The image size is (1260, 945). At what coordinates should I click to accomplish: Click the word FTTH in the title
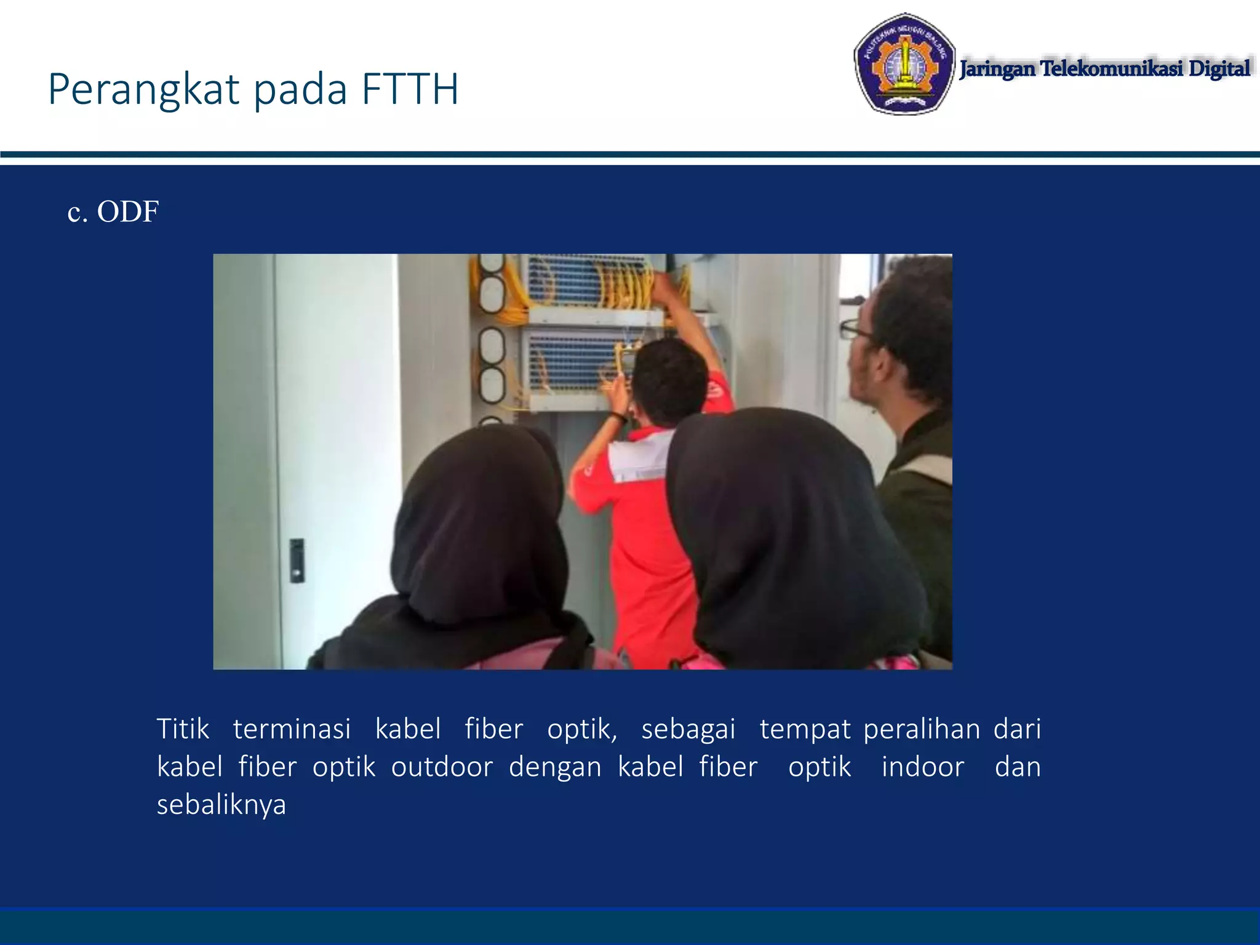pos(410,90)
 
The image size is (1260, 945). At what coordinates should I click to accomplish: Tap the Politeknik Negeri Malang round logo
pos(904,64)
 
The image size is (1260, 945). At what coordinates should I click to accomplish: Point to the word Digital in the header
pos(1219,68)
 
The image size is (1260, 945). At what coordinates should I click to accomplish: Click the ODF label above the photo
pos(127,212)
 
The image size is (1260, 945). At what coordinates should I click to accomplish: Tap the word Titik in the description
pos(183,729)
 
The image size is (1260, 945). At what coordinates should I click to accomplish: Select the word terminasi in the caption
pos(292,729)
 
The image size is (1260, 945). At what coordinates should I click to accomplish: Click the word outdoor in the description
pos(442,767)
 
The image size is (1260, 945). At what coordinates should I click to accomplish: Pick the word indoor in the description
pos(922,767)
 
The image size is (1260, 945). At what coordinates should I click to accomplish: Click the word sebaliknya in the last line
pos(221,805)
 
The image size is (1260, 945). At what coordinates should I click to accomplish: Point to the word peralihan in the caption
pos(922,729)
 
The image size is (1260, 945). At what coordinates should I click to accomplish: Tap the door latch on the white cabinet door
pos(297,560)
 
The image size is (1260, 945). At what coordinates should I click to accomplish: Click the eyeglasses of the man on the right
pos(856,330)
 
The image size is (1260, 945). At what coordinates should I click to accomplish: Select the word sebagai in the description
pos(688,729)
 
